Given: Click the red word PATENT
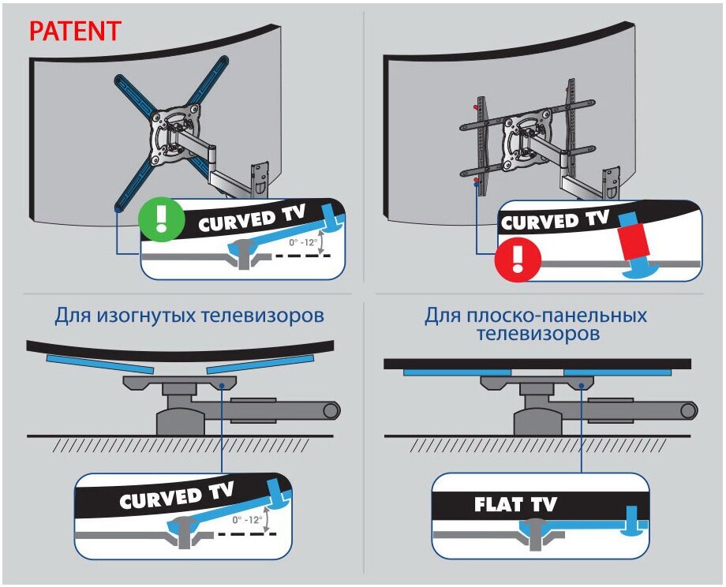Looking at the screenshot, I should pyautogui.click(x=74, y=32).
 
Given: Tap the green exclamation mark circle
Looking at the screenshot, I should pyautogui.click(x=158, y=218).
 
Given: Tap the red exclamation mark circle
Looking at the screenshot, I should pyautogui.click(x=517, y=259).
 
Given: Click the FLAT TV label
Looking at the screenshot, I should pyautogui.click(x=515, y=504).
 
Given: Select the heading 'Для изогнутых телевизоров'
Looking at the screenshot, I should pyautogui.click(x=189, y=316).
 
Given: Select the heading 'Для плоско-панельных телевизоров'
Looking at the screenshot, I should pyautogui.click(x=536, y=324).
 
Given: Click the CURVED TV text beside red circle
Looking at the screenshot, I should pyautogui.click(x=555, y=220).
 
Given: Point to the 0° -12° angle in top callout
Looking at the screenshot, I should pyautogui.click(x=305, y=241).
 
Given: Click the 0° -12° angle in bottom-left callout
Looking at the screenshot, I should pyautogui.click(x=249, y=520).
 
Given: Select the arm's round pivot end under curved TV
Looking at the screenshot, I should pyautogui.click(x=331, y=409).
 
